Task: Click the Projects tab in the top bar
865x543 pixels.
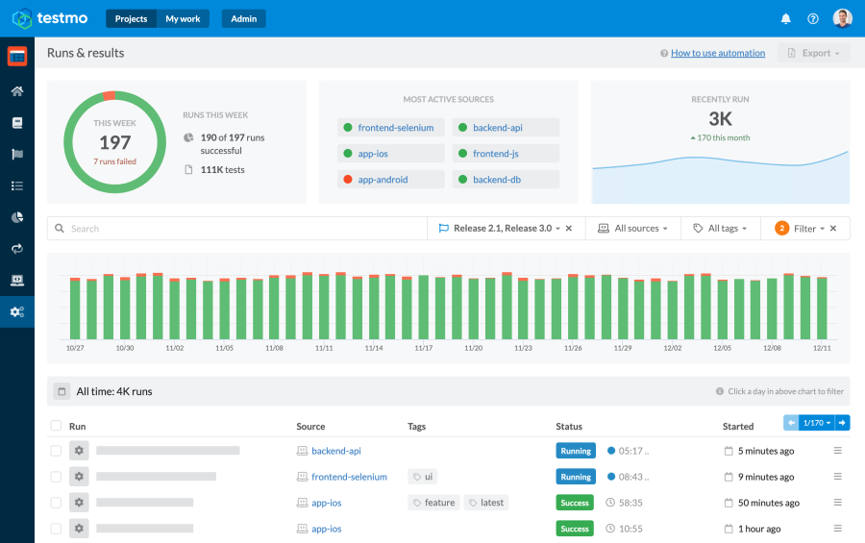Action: [x=131, y=18]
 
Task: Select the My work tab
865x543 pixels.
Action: [x=184, y=18]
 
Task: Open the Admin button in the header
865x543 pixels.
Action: [x=243, y=18]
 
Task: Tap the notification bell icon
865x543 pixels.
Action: [x=785, y=18]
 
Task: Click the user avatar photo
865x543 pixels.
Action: [x=842, y=18]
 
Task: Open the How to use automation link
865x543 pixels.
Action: [x=717, y=53]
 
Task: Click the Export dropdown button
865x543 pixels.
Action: [x=813, y=53]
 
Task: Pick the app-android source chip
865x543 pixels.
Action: [x=383, y=179]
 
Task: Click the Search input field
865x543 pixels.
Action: [x=240, y=229]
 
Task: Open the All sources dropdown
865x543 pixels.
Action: [x=633, y=229]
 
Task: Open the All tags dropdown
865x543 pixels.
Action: [x=721, y=229]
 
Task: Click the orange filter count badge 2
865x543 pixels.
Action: [x=781, y=229]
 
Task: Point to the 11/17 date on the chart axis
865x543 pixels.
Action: [x=423, y=348]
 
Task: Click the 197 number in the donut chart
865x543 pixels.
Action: [x=114, y=143]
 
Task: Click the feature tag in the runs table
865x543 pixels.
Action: [x=433, y=503]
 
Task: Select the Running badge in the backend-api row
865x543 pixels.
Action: [x=575, y=451]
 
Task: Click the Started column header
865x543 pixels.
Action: [x=738, y=426]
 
